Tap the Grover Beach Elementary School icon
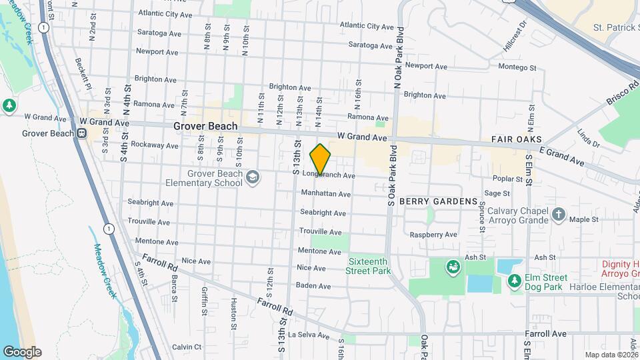click(252, 177)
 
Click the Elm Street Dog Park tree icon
click(514, 281)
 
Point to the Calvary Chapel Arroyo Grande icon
click(559, 215)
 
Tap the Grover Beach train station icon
click(81, 133)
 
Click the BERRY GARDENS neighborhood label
click(439, 201)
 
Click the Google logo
click(22, 351)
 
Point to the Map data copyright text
click(611, 355)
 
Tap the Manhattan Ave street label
click(325, 194)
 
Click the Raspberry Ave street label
click(433, 235)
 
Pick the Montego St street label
click(517, 67)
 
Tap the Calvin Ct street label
click(187, 347)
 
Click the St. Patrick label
click(616, 27)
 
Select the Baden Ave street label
click(313, 286)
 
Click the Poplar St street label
click(507, 179)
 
